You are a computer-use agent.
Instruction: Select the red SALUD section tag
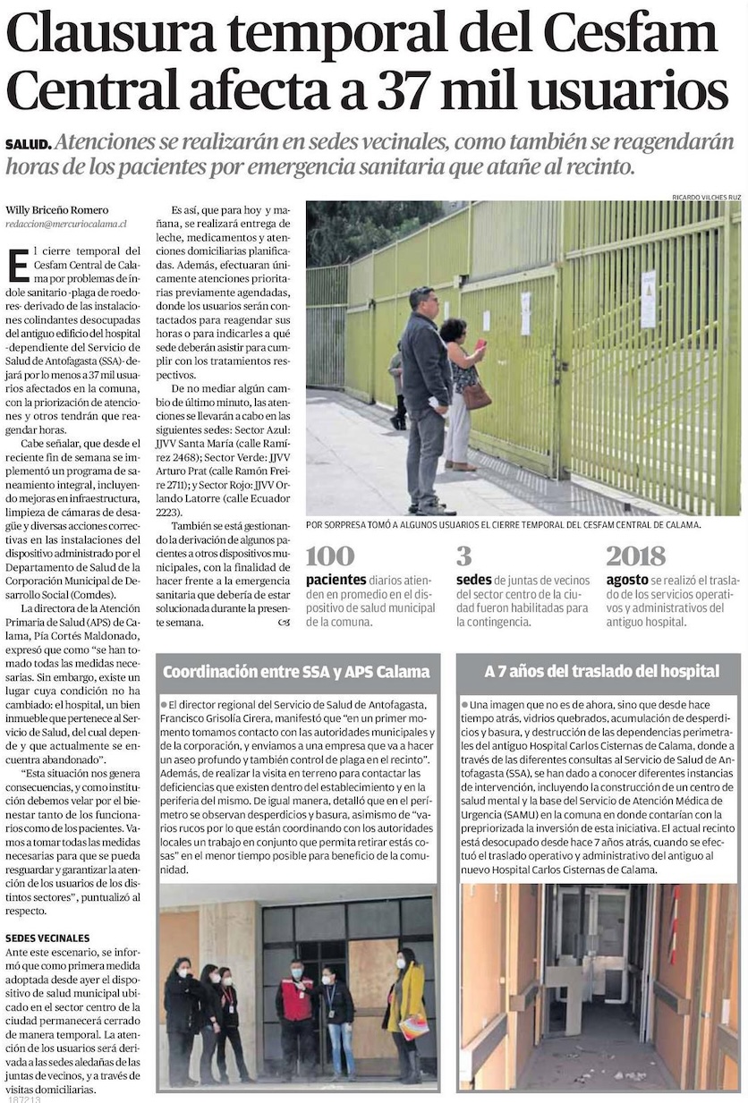point(26,145)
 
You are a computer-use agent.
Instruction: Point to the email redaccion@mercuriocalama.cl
point(65,224)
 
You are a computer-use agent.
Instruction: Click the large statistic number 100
point(329,556)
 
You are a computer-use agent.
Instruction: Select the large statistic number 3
point(463,556)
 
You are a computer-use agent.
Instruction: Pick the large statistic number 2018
point(635,556)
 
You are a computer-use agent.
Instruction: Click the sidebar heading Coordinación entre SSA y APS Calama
point(296,671)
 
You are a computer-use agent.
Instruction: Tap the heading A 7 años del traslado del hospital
point(601,671)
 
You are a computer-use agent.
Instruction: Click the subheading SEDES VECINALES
point(47,938)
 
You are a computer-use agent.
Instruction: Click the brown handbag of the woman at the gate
point(475,395)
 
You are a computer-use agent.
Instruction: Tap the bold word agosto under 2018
point(627,580)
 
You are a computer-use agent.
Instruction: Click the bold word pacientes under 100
point(336,580)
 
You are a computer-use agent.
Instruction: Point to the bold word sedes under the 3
point(473,580)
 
